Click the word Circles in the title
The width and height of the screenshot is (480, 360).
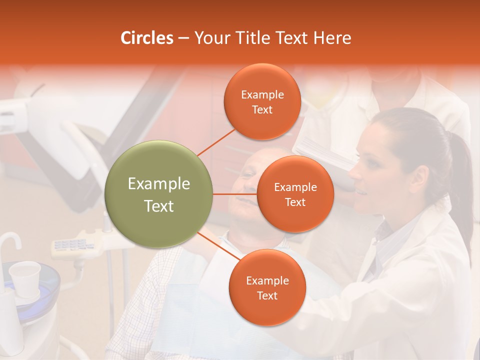[x=147, y=38]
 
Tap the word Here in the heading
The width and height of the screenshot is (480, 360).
[x=332, y=38]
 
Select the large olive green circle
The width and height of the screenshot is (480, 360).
[x=159, y=194]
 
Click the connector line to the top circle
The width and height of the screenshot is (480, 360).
[x=216, y=142]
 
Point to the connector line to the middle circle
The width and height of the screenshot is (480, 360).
[x=235, y=194]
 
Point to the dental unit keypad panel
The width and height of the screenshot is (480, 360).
[x=69, y=245]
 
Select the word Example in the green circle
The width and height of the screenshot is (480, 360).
[x=159, y=184]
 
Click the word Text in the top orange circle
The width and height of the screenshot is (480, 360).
[x=262, y=110]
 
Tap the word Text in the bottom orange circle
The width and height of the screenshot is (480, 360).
[x=267, y=296]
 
